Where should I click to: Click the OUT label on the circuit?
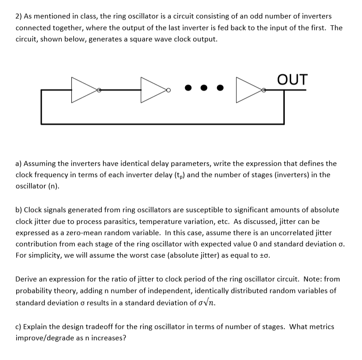point(293,79)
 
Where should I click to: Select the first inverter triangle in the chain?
point(84,90)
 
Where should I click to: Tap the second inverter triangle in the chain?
point(153,90)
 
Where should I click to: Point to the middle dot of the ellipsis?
point(204,89)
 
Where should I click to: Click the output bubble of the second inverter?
point(168,90)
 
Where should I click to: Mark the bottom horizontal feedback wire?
point(162,123)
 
